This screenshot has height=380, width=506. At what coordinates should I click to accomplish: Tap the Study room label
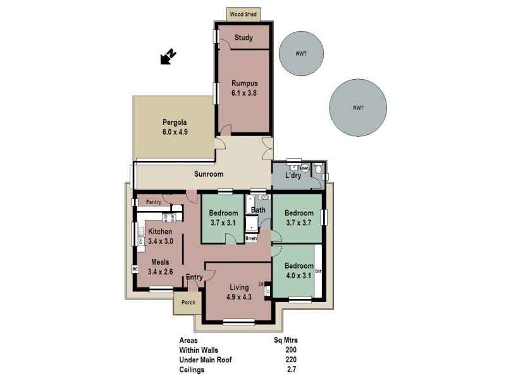pos(244,37)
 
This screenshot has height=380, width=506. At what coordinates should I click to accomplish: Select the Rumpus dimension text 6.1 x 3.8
pos(244,93)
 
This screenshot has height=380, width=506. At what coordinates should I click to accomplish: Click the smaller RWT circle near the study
pos(301,54)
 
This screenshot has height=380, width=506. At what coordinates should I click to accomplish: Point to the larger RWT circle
pos(358,108)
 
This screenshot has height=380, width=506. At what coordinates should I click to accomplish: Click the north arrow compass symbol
pos(168,58)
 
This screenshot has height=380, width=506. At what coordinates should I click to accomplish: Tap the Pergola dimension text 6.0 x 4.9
pos(175,132)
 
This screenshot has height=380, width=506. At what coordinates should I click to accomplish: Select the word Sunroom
pos(209,174)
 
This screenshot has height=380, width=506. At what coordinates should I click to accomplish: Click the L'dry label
pos(293,175)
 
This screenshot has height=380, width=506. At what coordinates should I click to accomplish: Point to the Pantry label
pos(153,202)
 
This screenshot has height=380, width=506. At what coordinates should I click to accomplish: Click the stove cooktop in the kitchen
pos(169,218)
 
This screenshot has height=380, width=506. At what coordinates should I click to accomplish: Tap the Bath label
pos(258,210)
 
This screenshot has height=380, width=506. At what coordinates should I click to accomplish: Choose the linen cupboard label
pos(251,238)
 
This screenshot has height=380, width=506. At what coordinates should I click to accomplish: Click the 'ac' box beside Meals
pos(134,269)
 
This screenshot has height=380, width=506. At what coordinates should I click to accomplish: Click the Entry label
pos(194,277)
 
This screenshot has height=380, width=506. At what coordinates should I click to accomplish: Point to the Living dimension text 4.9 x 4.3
pos(239,297)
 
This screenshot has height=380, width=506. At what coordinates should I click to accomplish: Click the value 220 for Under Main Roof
pos(291,360)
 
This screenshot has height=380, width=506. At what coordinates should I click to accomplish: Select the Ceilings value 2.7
pos(291,369)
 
